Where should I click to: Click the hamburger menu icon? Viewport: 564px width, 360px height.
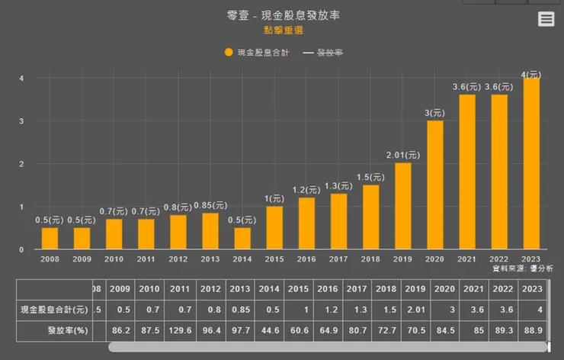click(x=546, y=19)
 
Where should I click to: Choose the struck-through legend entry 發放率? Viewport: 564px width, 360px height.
click(x=323, y=53)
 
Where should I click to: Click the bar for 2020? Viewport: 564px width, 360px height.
click(x=435, y=185)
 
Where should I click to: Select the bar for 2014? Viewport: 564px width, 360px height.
click(x=242, y=238)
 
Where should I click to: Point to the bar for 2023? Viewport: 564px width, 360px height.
click(x=531, y=163)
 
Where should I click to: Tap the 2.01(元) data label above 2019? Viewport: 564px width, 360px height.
click(x=402, y=155)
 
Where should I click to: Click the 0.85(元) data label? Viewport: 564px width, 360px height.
click(x=210, y=205)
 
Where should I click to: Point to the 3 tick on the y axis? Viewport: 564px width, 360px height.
click(x=21, y=121)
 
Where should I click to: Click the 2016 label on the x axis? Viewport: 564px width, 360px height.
click(x=306, y=259)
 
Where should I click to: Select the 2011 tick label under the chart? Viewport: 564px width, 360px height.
click(x=146, y=259)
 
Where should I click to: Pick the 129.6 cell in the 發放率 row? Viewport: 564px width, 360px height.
click(x=180, y=331)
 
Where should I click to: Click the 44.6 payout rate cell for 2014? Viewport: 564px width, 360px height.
click(x=269, y=331)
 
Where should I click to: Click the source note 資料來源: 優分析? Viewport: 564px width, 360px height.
click(x=522, y=268)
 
